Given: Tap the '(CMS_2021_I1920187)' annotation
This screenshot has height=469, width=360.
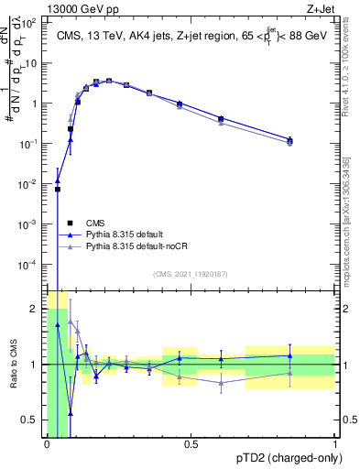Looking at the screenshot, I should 191,273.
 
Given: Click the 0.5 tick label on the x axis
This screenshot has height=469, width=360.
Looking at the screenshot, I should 191,445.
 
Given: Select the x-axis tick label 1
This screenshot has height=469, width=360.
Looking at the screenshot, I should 334,445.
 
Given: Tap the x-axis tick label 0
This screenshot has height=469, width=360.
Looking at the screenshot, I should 47,445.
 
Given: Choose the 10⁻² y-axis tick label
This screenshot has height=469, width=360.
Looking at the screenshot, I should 30,184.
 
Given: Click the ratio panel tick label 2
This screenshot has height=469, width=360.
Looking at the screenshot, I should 38,309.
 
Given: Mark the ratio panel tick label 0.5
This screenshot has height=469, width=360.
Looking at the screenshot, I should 33,420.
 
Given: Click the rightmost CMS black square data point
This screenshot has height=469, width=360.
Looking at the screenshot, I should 290,141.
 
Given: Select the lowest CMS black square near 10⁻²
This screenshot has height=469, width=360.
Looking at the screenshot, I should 58,190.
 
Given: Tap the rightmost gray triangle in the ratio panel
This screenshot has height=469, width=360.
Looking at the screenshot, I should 290,373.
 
